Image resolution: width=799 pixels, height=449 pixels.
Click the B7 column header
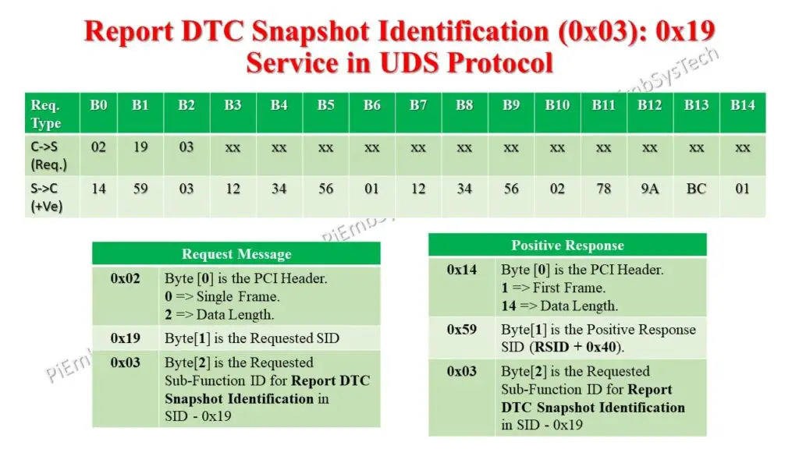point(418,105)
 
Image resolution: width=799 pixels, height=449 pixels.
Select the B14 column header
point(742,105)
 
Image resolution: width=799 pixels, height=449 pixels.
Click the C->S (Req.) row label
point(48,154)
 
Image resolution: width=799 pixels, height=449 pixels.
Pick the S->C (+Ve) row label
point(48,196)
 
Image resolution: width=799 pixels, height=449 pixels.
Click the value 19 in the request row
point(140,147)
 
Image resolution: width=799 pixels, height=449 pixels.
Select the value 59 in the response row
point(140,189)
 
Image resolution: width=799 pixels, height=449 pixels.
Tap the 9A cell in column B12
point(649,189)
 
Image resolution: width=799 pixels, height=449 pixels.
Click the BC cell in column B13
point(696,189)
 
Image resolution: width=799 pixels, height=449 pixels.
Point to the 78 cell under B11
point(603,189)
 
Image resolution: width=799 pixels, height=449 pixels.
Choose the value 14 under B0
point(98,189)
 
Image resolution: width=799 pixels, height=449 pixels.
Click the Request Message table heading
point(236,254)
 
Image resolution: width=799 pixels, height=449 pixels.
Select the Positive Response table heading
point(567,246)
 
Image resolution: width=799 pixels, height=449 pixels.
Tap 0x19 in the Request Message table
point(125,338)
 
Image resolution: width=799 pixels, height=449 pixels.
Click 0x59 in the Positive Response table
point(462,330)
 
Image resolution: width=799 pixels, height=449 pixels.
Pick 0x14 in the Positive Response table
point(462,270)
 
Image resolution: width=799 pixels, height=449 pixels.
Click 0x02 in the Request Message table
point(125,278)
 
